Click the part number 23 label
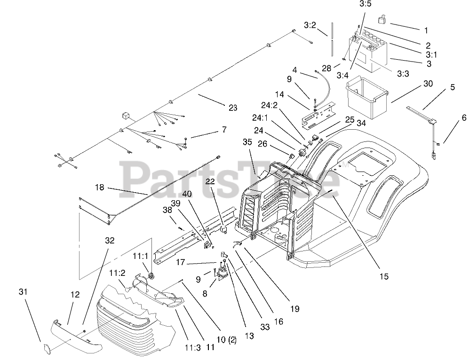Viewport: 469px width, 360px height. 232,108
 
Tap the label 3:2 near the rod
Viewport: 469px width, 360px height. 310,24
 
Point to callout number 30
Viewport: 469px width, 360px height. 428,84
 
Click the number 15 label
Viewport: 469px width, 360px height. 384,276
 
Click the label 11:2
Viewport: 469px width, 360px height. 118,273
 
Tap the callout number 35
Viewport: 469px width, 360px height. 247,142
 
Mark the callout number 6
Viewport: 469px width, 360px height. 464,118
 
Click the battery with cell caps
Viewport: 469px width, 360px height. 368,51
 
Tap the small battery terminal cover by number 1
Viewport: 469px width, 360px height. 382,20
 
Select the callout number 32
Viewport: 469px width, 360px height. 110,240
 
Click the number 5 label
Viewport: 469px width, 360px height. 452,87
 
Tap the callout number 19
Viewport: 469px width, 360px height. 294,309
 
